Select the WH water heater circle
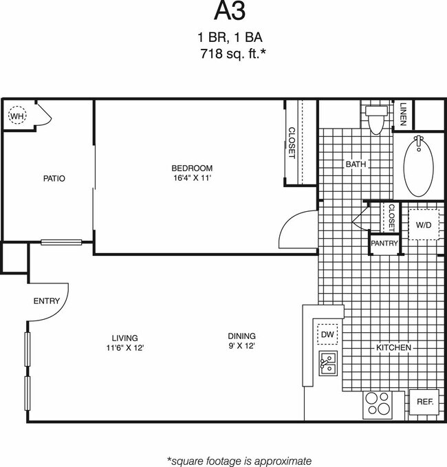pyautogui.click(x=16, y=117)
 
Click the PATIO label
pyautogui.click(x=54, y=179)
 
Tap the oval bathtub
pyautogui.click(x=417, y=166)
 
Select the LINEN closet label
pyautogui.click(x=403, y=114)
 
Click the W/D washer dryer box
pyautogui.click(x=424, y=224)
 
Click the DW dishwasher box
pyautogui.click(x=327, y=334)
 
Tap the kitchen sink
pyautogui.click(x=328, y=363)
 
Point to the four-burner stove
pyautogui.click(x=377, y=403)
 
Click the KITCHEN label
pyautogui.click(x=393, y=348)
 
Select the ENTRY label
pyautogui.click(x=47, y=301)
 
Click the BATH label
pyautogui.click(x=356, y=164)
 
